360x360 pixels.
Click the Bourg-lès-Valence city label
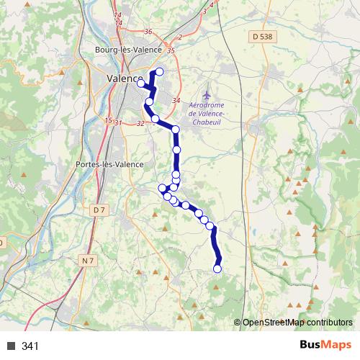[125, 50]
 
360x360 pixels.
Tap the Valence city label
[123, 78]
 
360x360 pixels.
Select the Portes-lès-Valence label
[109, 164]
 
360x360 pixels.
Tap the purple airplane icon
[207, 94]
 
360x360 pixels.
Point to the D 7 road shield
[100, 210]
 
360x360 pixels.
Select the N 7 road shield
[88, 261]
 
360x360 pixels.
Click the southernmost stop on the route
[218, 269]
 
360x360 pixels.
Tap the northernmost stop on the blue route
[160, 71]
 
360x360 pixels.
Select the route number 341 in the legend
[30, 346]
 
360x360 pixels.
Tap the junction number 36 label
[149, 31]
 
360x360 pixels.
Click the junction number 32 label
[140, 124]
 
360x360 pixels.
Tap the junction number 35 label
[170, 50]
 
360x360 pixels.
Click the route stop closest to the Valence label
[141, 84]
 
